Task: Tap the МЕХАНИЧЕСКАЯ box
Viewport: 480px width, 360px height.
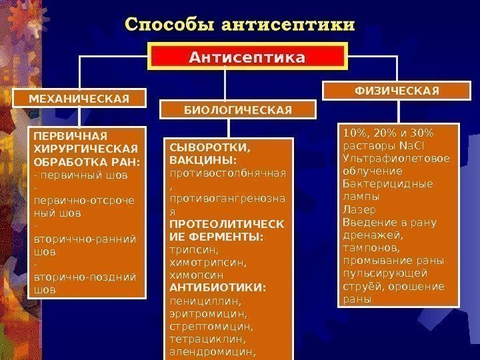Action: [x=79, y=99]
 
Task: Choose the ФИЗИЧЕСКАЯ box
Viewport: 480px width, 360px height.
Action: [x=396, y=90]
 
